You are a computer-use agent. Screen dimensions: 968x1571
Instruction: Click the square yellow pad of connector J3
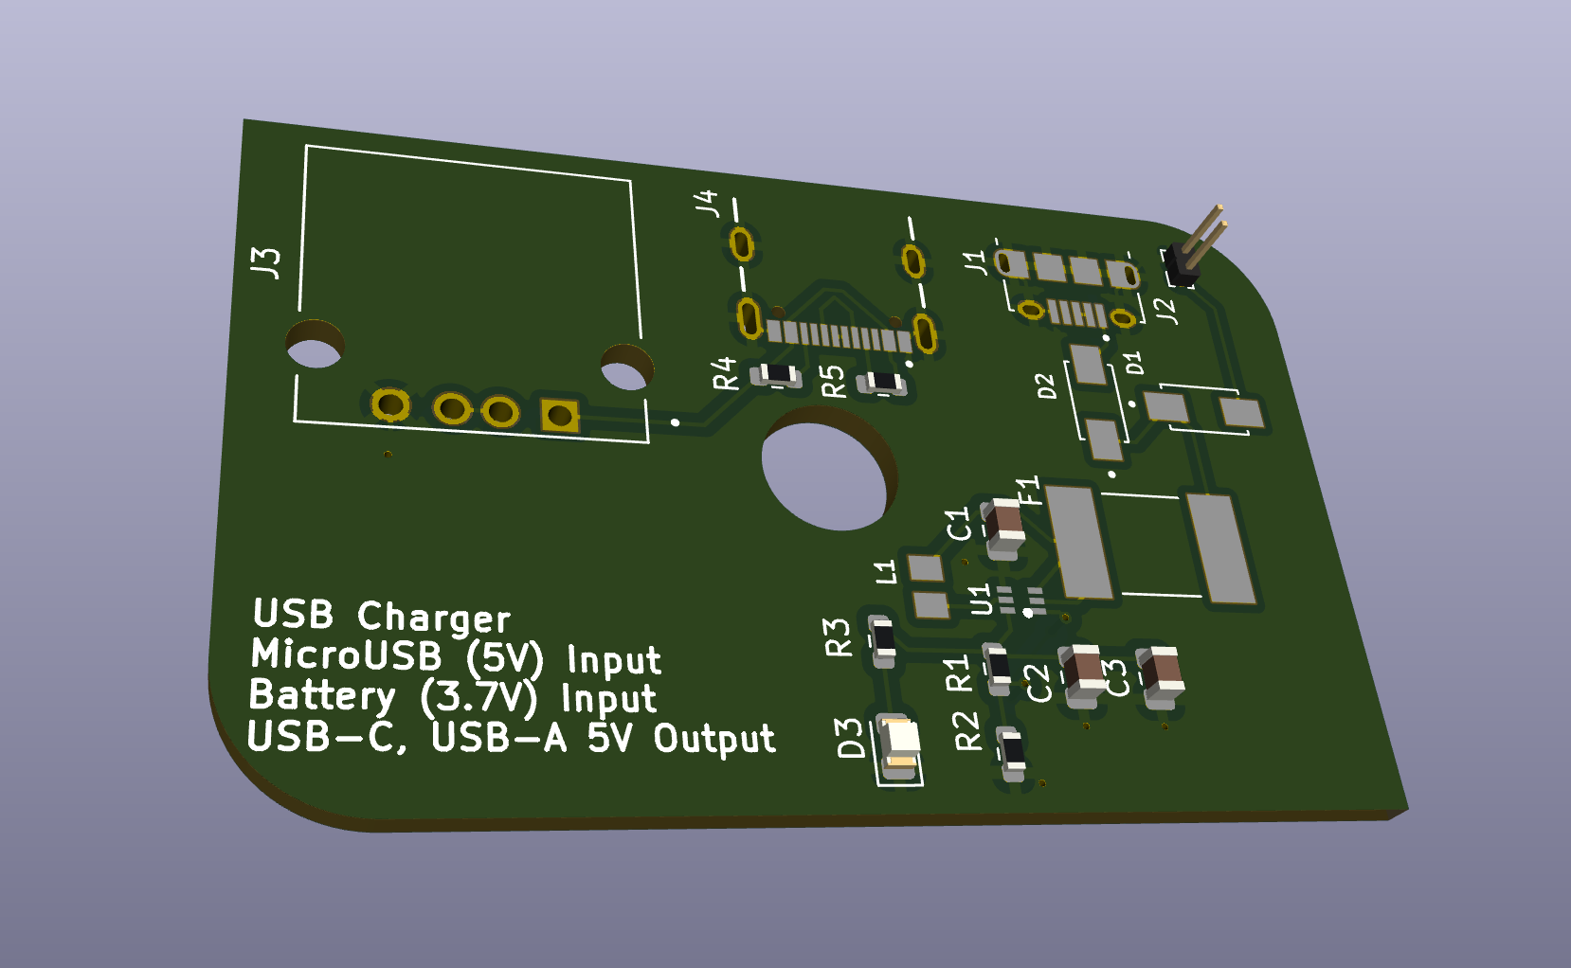[559, 415]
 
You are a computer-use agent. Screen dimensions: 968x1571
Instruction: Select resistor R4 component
[777, 376]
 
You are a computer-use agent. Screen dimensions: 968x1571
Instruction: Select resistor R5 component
[883, 383]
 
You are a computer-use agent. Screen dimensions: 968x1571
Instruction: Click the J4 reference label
[707, 203]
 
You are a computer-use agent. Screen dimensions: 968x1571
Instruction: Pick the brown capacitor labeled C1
[1004, 524]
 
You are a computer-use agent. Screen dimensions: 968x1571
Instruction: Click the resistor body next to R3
[882, 639]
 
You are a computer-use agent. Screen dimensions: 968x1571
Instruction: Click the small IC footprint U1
[1020, 600]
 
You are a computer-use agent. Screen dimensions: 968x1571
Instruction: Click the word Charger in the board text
[434, 618]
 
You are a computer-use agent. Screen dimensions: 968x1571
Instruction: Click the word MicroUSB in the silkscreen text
[346, 654]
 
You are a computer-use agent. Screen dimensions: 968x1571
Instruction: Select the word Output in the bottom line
[713, 739]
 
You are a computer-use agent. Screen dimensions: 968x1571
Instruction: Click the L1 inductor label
[885, 571]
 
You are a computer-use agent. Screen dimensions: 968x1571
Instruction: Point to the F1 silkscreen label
[1028, 491]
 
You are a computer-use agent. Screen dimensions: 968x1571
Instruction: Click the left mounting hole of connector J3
[315, 347]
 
